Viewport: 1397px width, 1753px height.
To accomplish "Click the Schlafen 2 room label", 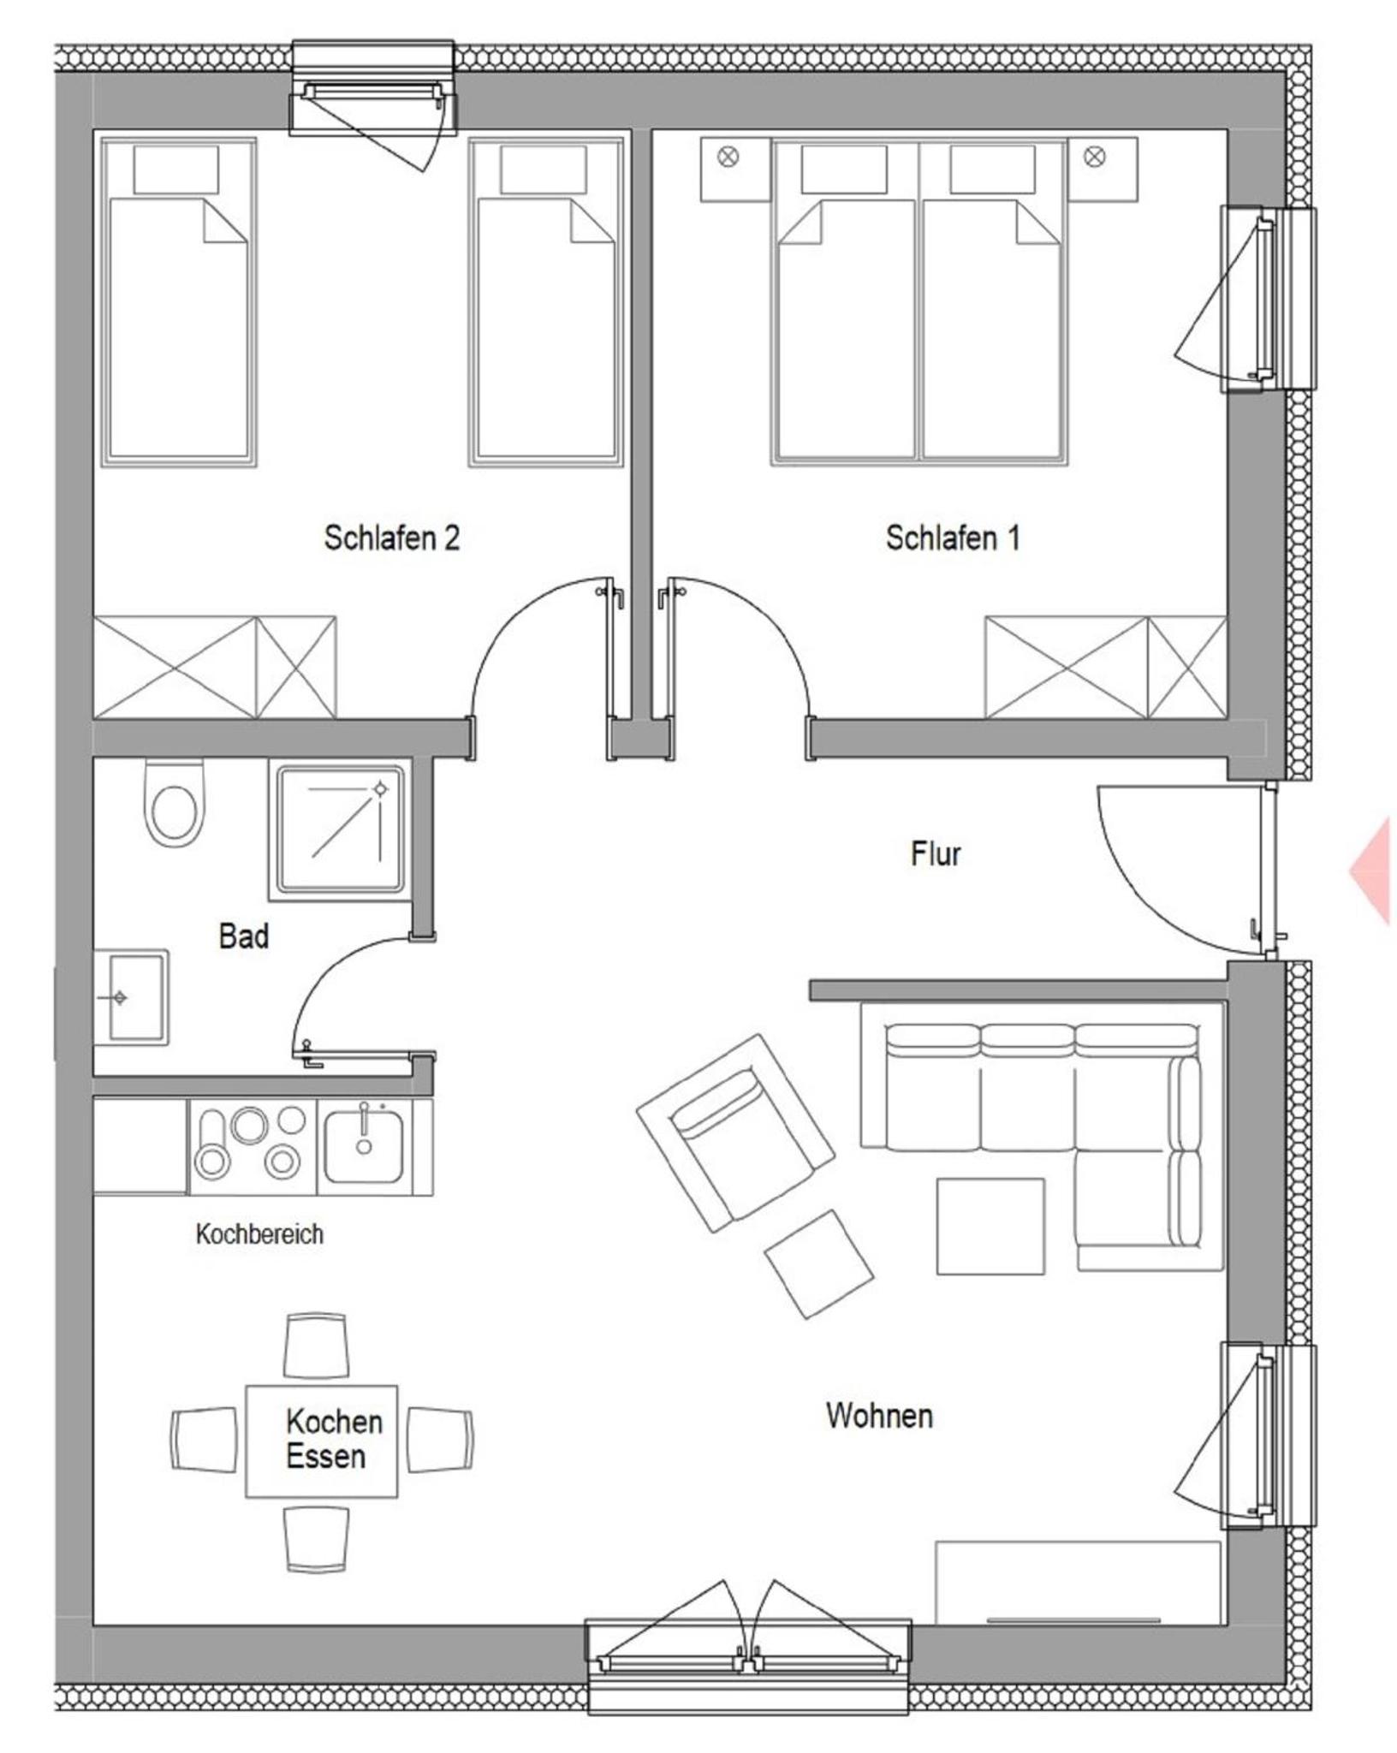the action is point(392,538).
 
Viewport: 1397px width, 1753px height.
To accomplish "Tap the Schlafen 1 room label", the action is point(953,538).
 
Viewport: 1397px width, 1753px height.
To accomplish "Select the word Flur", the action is point(936,853).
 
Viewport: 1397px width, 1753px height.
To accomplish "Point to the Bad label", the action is point(244,936).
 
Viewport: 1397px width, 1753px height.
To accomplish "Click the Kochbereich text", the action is point(259,1233).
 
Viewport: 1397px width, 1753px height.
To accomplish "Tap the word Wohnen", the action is point(879,1415).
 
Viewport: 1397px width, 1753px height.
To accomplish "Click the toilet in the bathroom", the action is point(175,803).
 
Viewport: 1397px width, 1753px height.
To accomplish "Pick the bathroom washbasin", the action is point(131,997).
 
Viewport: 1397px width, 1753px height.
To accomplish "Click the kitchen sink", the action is point(365,1146).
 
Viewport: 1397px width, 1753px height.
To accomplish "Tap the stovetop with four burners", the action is point(253,1147).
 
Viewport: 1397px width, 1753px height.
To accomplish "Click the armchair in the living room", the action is point(735,1134).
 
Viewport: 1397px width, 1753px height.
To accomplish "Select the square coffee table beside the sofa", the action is point(990,1227).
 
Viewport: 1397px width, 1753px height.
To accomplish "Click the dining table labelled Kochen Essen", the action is point(322,1441).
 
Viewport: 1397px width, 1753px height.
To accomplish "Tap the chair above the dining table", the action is point(317,1346).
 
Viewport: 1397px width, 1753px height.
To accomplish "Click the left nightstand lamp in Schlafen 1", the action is point(728,157).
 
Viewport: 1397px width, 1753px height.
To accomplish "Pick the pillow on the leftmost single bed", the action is point(176,169).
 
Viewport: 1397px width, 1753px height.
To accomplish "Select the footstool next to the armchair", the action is point(818,1263).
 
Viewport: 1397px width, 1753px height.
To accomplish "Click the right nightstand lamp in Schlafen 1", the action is point(1094,157).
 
